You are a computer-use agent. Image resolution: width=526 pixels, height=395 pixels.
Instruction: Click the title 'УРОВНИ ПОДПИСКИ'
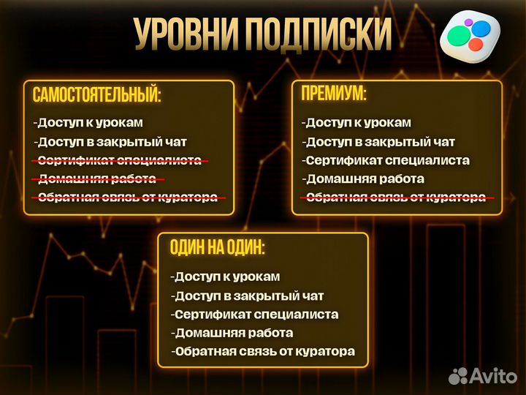point(263,33)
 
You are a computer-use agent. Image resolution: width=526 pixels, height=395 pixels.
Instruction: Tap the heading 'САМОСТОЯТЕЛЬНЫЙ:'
point(96,94)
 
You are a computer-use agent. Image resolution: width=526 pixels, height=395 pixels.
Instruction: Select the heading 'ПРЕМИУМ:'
point(334,93)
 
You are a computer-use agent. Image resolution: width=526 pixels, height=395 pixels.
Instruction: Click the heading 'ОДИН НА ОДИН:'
point(217,247)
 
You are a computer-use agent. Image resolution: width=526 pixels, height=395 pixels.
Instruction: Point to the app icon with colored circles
point(470,36)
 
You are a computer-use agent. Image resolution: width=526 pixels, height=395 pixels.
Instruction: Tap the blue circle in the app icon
point(480,29)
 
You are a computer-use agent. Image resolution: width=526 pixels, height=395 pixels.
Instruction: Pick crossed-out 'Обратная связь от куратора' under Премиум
point(395,197)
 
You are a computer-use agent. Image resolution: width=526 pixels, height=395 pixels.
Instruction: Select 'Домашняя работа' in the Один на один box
point(233,333)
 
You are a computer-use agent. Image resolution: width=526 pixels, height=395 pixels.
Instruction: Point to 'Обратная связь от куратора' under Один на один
point(264,352)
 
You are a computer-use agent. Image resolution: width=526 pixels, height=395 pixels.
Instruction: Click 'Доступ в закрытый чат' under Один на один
point(248,296)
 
